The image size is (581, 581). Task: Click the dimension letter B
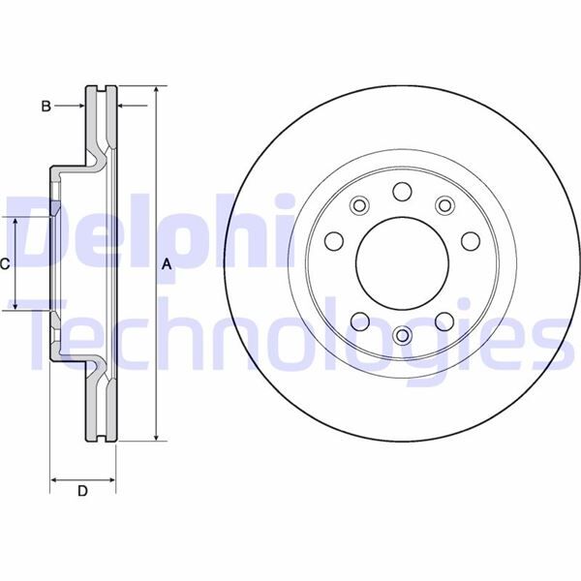46,107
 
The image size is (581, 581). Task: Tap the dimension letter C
6,263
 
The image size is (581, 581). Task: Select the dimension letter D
82,492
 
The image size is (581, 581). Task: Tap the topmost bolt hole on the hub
402,192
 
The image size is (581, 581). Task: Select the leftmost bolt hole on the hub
332,240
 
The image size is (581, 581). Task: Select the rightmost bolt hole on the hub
472,240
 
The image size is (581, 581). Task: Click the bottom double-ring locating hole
402,336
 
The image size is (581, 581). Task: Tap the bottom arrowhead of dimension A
155,438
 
